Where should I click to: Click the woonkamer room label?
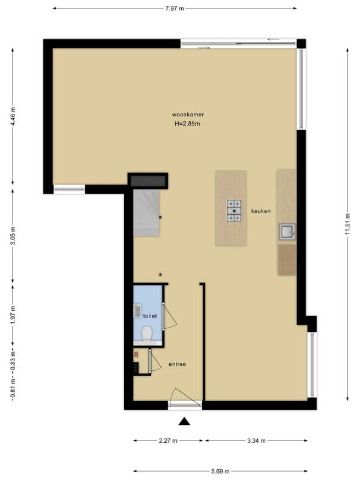[x=188, y=115]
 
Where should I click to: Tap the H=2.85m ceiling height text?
[x=187, y=124]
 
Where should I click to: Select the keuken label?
[x=261, y=211]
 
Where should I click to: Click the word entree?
[x=177, y=364]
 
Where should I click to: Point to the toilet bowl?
[x=147, y=334]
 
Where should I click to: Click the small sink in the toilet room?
[x=137, y=311]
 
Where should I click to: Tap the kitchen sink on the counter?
[x=287, y=232]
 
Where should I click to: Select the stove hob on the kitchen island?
[x=234, y=211]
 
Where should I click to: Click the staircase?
[x=146, y=212]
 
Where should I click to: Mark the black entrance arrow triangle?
[x=184, y=422]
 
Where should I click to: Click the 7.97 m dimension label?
[x=175, y=8]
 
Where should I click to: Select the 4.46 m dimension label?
[x=13, y=116]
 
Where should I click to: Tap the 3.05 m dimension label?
[x=13, y=236]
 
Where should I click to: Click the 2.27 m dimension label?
[x=168, y=441]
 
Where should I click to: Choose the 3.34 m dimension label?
[x=256, y=441]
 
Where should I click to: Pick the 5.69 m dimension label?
[x=220, y=472]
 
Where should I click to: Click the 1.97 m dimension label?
[x=13, y=316]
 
